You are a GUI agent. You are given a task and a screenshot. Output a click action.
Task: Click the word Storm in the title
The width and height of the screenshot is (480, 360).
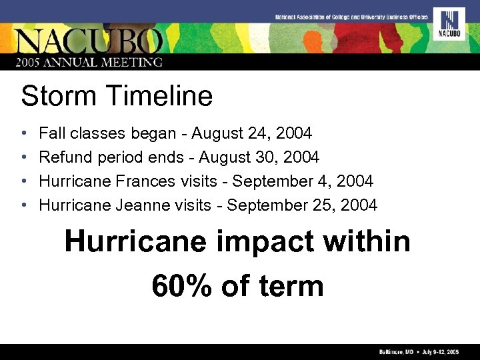pos(57,96)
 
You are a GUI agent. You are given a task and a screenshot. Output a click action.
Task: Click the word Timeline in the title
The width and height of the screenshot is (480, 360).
pos(157,96)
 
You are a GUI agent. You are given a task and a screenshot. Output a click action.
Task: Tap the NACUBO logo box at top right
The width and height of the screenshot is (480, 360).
pos(449,24)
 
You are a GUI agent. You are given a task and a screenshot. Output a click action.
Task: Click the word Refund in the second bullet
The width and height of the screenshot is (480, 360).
pos(65,157)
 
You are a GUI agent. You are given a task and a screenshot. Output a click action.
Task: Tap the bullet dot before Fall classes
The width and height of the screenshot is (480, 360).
pos(23,134)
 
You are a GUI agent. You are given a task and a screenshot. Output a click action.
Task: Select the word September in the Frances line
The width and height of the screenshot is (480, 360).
pos(267,181)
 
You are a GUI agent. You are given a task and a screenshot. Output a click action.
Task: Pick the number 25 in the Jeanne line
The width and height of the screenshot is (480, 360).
pos(322,205)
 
